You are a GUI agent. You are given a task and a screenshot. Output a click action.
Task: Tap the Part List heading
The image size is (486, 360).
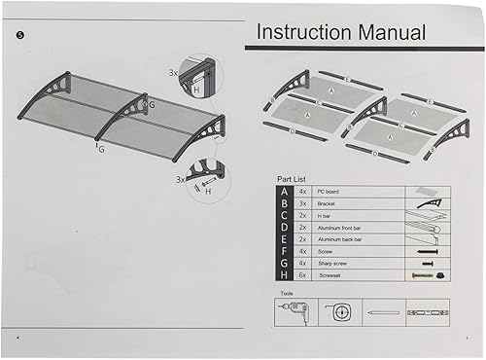tap(292, 179)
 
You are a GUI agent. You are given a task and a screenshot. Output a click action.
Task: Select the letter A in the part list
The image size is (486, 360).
tap(284, 192)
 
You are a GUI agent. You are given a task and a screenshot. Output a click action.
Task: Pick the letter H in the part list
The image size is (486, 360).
tap(284, 275)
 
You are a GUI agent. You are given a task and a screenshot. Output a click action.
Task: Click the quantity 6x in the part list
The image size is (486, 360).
tap(302, 275)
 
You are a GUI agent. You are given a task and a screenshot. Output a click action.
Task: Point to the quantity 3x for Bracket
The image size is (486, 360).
tap(302, 203)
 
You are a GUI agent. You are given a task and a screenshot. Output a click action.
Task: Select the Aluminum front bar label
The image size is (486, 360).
tap(343, 228)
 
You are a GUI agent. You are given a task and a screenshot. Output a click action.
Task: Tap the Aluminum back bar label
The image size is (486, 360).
tap(343, 239)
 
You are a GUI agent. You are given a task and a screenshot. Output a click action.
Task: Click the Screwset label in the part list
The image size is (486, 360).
tap(330, 275)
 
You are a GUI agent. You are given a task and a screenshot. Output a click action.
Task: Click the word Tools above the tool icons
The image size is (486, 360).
tap(286, 292)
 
